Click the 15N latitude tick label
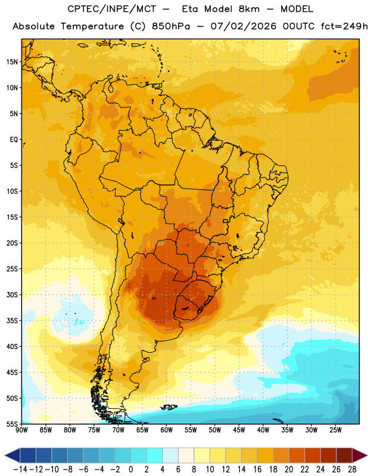(x=12, y=62)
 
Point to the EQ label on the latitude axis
(x=14, y=140)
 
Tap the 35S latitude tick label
(x=12, y=321)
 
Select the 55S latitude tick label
(x=12, y=424)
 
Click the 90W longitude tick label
(x=21, y=430)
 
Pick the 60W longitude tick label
(x=167, y=430)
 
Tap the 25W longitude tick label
(x=335, y=430)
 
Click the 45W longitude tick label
(x=239, y=430)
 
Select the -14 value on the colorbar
(x=20, y=469)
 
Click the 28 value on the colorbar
(x=352, y=469)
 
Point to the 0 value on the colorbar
(x=130, y=469)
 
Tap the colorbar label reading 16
(x=257, y=469)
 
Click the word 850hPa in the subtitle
(x=171, y=26)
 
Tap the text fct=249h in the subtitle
(x=344, y=26)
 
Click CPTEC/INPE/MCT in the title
(x=111, y=10)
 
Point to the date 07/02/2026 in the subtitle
(x=244, y=26)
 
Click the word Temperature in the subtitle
(x=92, y=27)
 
